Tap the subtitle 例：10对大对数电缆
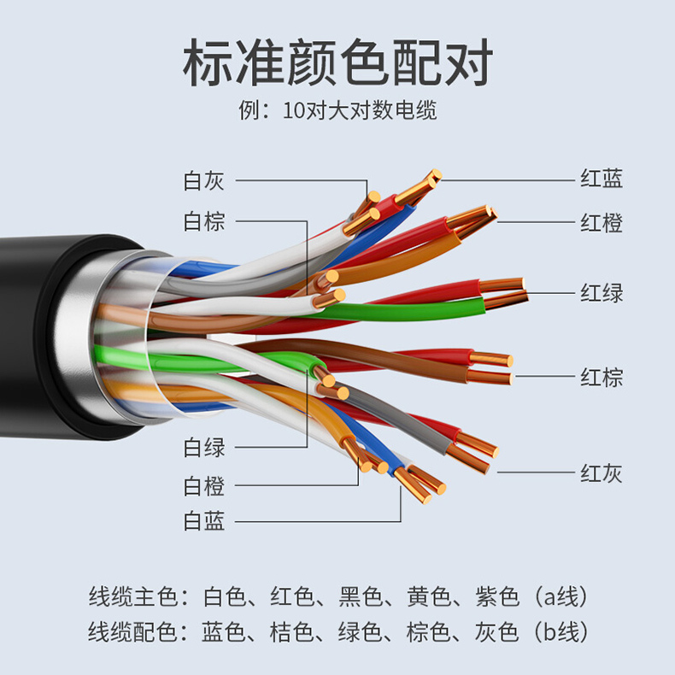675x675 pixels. click(337, 111)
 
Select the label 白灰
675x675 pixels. click(204, 181)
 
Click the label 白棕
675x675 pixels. click(204, 222)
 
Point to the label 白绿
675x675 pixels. click(204, 446)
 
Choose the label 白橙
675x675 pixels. click(204, 486)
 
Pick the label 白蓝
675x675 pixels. click(204, 521)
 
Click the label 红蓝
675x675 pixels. click(602, 179)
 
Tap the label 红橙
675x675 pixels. click(602, 223)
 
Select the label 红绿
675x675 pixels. click(602, 293)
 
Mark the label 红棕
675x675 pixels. click(602, 376)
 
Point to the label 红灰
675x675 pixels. click(602, 472)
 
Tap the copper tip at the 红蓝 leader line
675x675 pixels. click(427, 181)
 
